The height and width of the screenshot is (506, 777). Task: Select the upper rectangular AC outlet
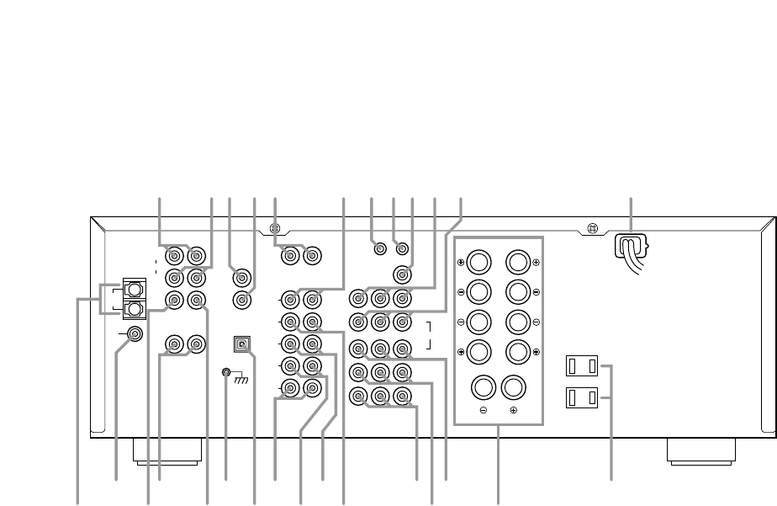coord(582,366)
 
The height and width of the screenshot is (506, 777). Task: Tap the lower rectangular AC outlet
coord(582,396)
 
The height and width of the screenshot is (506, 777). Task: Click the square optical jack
coord(242,345)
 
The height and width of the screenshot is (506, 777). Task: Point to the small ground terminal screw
coord(226,372)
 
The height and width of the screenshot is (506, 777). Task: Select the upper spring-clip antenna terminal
coord(133,289)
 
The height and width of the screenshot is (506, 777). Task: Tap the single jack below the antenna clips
coord(135,334)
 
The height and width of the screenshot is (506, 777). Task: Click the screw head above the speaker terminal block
coord(592,228)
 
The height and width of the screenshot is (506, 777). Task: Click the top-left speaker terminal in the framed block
coord(478,262)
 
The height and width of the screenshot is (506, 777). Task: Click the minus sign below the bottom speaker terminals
coord(483,412)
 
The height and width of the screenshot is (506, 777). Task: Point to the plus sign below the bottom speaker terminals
coord(514,412)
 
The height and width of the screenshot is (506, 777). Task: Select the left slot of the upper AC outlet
coord(573,366)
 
